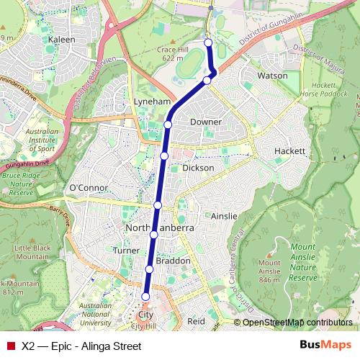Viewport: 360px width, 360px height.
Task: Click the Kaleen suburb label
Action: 62,40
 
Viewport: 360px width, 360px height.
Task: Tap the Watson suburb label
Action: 272,75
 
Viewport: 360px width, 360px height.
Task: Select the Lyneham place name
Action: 152,102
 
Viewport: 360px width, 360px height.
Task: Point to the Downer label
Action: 206,122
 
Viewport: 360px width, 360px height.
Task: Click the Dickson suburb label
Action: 198,167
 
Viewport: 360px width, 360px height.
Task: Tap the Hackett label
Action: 290,151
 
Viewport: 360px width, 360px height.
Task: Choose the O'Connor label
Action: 88,188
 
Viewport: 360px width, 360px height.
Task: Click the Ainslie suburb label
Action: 225,216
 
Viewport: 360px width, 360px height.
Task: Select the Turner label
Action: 126,250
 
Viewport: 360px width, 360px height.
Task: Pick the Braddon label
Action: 173,260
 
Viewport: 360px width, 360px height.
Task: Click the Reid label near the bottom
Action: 196,321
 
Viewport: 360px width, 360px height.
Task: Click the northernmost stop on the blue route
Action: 209,42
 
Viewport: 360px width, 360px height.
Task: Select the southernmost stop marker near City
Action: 145,297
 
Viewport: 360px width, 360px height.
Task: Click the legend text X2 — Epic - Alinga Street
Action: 81,346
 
